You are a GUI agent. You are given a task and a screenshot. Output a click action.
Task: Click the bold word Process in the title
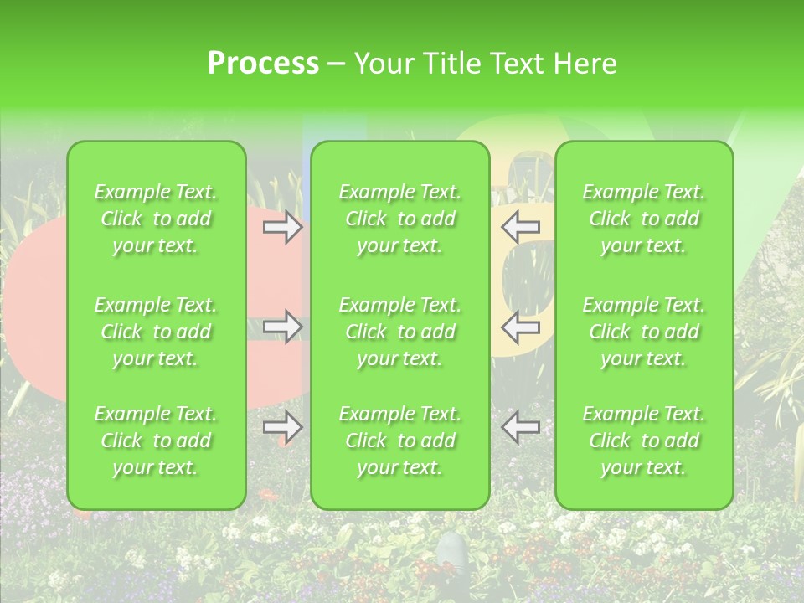click(x=263, y=64)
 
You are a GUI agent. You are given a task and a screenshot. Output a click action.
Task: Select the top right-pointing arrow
click(x=283, y=227)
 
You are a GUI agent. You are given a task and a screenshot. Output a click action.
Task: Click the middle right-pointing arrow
click(x=283, y=327)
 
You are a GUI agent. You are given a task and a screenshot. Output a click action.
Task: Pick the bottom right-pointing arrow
click(x=283, y=428)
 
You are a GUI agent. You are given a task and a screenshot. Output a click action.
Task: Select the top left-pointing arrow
click(x=521, y=226)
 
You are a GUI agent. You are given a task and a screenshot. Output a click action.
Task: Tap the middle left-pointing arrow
click(x=521, y=327)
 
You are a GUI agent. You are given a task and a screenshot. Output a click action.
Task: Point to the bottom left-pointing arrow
click(x=521, y=428)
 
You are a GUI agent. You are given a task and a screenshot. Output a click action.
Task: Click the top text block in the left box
click(x=156, y=219)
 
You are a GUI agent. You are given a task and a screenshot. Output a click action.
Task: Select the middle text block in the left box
click(x=156, y=332)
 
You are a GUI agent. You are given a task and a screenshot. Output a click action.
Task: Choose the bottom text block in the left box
click(x=156, y=441)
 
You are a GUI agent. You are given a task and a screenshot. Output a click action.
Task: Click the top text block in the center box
click(x=400, y=219)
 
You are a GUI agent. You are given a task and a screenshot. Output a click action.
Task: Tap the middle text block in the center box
click(x=400, y=332)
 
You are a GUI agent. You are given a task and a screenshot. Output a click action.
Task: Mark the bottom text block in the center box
click(x=400, y=441)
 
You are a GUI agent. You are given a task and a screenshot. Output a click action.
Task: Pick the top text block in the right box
click(x=644, y=219)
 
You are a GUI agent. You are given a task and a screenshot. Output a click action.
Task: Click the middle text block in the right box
click(x=644, y=332)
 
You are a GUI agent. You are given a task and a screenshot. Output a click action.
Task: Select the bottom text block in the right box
click(x=644, y=441)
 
